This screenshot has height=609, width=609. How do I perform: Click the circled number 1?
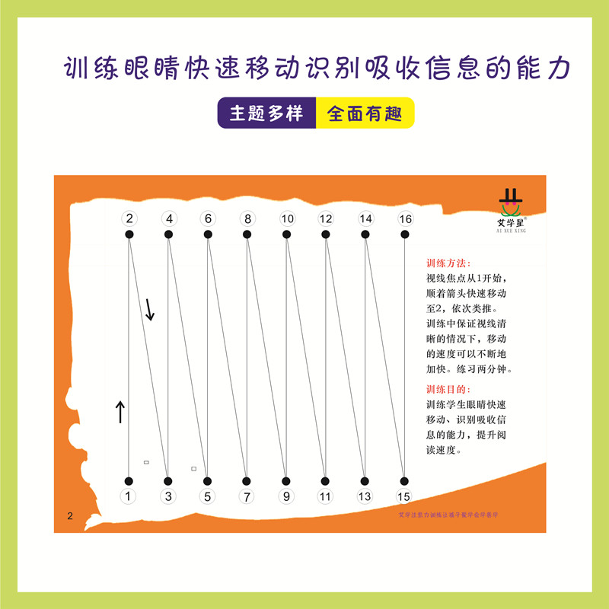[x=129, y=497]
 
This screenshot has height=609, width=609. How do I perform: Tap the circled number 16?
[x=405, y=219]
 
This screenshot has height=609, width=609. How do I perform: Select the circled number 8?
[x=247, y=219]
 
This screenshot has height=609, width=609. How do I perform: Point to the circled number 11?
[x=326, y=497]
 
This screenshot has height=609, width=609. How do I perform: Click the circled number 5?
[x=208, y=497]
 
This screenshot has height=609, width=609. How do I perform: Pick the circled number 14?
[x=365, y=219]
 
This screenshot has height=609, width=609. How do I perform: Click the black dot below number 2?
[x=129, y=235]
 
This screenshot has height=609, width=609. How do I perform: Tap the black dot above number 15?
[x=405, y=480]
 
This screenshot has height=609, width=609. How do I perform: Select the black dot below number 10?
[x=287, y=235]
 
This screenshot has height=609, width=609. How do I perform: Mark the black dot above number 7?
[x=247, y=480]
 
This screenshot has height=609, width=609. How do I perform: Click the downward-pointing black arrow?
[x=150, y=308]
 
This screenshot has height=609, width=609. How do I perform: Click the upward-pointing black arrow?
[x=120, y=412]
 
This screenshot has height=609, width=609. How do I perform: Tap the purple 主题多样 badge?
[x=266, y=113]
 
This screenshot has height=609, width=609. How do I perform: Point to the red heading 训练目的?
[x=448, y=389]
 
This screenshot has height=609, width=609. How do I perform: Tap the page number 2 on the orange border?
[x=70, y=517]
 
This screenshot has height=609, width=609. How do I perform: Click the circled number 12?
[x=326, y=219]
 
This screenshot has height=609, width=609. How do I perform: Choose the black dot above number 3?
[x=168, y=480]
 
